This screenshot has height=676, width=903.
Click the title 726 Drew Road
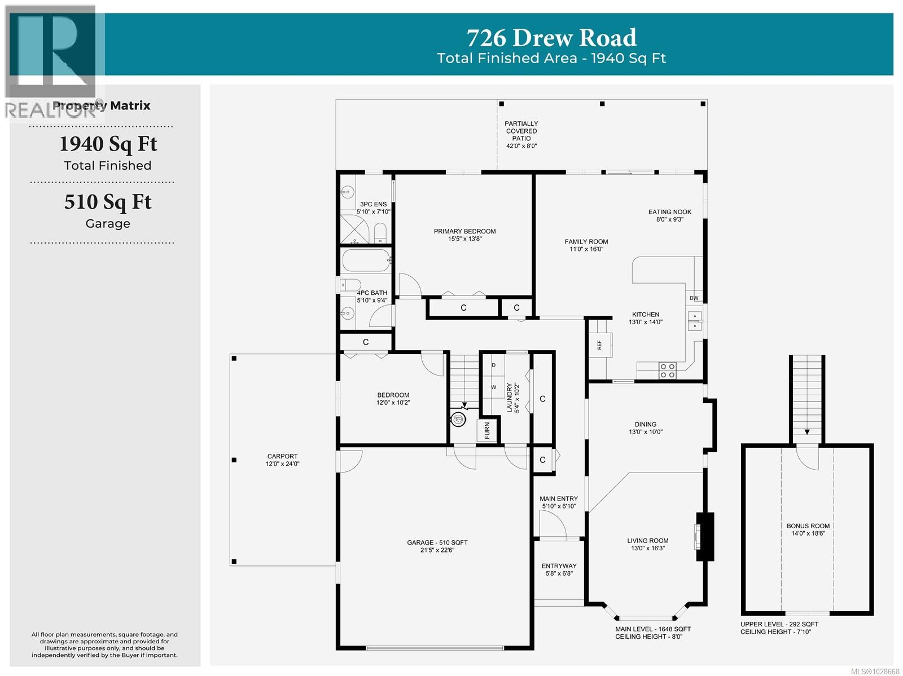point(551,38)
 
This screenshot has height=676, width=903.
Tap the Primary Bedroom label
point(464,235)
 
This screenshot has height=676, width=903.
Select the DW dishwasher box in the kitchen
point(694,298)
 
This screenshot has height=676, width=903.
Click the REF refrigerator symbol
point(600,344)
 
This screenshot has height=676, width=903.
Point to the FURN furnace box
point(487,431)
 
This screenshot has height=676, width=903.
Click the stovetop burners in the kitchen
point(667,370)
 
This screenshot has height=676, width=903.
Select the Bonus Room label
point(808,529)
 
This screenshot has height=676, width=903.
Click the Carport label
point(282,460)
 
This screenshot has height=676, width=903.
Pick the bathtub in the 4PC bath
point(366,261)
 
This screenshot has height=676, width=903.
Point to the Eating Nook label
point(669,215)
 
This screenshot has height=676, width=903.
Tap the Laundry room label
point(512,398)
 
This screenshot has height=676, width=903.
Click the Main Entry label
point(558,502)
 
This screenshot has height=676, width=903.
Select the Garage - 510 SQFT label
point(437,546)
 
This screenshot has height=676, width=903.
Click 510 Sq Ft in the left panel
point(108,202)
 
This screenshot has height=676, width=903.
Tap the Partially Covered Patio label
point(521,134)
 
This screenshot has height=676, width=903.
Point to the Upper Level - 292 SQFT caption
point(779,624)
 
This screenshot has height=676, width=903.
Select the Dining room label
point(645,428)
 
